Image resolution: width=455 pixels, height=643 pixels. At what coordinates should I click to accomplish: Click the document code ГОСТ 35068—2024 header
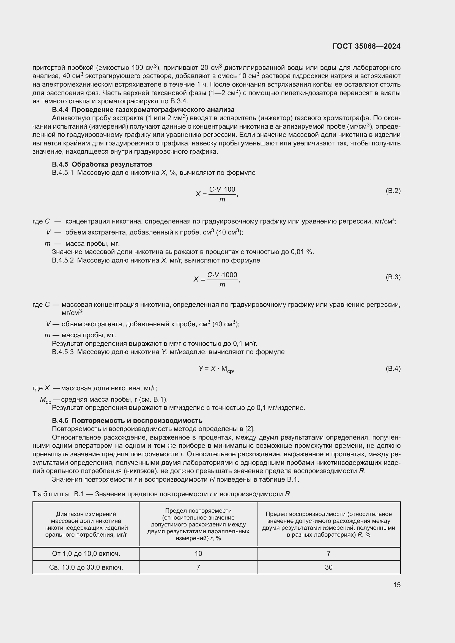pos(366,46)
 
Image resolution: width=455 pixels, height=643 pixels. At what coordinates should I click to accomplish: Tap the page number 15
pos(397,585)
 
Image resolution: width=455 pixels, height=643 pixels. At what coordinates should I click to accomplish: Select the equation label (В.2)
pos(393,191)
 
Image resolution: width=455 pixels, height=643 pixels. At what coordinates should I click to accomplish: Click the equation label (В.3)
pos(393,277)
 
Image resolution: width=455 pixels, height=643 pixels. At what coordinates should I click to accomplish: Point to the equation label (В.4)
pos(393,369)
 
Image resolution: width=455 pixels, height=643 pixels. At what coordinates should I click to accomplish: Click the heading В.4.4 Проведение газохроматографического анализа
pos(143,109)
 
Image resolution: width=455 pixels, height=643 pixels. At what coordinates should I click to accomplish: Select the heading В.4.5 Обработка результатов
pos(102,164)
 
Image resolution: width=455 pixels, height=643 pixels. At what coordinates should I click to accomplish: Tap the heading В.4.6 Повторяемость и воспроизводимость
pos(127,421)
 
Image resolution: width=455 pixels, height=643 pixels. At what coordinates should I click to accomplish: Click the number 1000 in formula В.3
pos(229,275)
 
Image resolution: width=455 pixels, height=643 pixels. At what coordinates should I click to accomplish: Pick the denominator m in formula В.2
pos(222,200)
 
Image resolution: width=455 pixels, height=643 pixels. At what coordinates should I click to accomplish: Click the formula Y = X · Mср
pos(216,369)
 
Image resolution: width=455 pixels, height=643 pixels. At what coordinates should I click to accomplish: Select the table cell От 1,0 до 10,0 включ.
pos(86,554)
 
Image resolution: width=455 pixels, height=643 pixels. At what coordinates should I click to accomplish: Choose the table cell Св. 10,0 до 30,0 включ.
pos(86,567)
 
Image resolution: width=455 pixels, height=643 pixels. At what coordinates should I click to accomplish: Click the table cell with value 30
pos(328,567)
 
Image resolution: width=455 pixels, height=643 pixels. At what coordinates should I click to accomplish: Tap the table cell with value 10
pos(198,554)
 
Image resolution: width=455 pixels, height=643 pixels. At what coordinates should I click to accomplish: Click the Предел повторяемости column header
pos(198,524)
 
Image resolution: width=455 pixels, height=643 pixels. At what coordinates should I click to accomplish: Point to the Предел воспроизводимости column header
pos(328,524)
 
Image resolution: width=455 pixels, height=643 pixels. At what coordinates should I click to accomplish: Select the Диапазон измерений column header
pos(86,524)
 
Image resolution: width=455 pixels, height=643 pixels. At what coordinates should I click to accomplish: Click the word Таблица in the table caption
pos(51,494)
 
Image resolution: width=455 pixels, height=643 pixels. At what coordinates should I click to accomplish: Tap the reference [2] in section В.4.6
pos(249,429)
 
